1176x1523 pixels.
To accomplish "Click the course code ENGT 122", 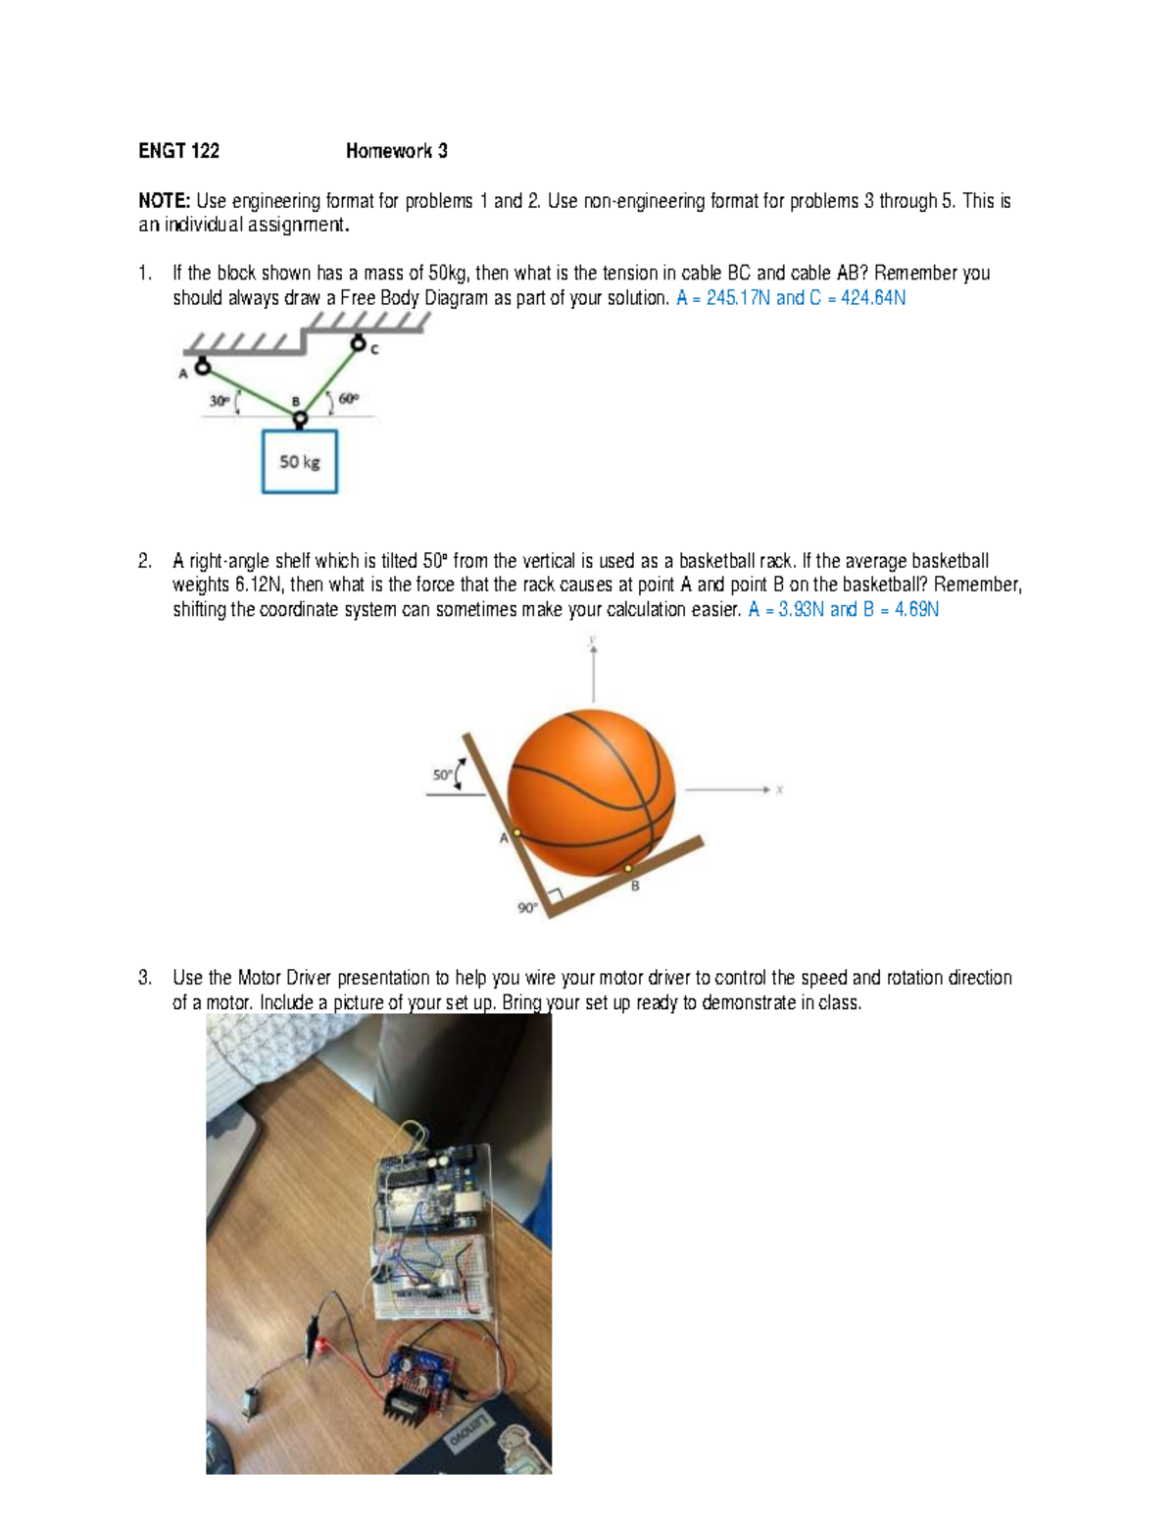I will pyautogui.click(x=178, y=151).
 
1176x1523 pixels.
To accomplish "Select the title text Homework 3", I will pyautogui.click(x=396, y=151).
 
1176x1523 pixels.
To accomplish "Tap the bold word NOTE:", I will pyautogui.click(x=164, y=201).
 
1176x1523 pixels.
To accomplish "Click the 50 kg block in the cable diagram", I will pyautogui.click(x=300, y=461).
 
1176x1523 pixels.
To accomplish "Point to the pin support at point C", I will pyautogui.click(x=359, y=344).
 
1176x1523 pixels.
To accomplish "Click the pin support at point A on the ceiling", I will pyautogui.click(x=203, y=367).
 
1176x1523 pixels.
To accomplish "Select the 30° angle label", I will pyautogui.click(x=219, y=400).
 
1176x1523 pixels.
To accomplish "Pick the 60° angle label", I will pyautogui.click(x=349, y=399).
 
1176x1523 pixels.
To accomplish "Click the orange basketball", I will pyautogui.click(x=592, y=791).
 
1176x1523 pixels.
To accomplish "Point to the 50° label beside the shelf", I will pyautogui.click(x=443, y=775).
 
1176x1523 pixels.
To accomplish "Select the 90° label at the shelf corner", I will pyautogui.click(x=527, y=908).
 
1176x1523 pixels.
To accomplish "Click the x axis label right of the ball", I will pyautogui.click(x=779, y=789).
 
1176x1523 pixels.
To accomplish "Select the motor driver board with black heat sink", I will pyautogui.click(x=416, y=1378).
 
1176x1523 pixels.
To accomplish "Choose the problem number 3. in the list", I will pyautogui.click(x=145, y=978).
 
